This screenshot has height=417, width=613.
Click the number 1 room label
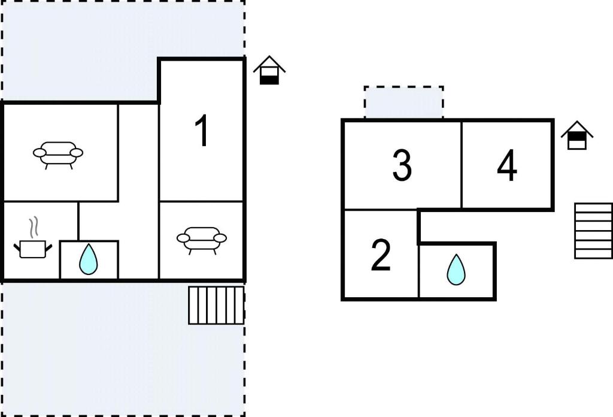[202, 131]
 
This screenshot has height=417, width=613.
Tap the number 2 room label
[381, 255]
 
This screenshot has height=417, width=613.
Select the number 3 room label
[402, 165]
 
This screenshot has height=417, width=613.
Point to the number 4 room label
[507, 165]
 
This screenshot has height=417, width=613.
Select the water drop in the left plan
[89, 259]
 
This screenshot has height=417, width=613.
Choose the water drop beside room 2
[456, 270]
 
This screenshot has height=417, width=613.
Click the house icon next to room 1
[269, 71]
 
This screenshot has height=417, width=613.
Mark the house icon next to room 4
[577, 135]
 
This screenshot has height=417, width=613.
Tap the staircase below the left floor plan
[216, 305]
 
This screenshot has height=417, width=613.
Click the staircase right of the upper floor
[593, 231]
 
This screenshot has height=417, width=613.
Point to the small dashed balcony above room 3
[404, 102]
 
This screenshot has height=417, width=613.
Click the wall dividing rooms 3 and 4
[462, 165]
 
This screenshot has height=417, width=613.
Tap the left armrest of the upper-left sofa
[40, 153]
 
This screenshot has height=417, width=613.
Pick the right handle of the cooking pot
[49, 247]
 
